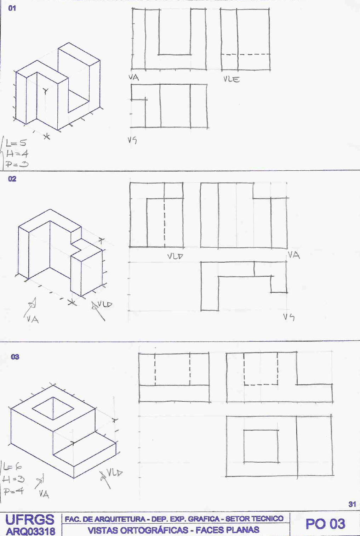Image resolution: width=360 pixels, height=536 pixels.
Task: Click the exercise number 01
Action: [x=12, y=8]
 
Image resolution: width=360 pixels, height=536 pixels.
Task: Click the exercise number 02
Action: [x=12, y=179]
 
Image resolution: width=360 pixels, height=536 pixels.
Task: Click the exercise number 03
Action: [x=15, y=357]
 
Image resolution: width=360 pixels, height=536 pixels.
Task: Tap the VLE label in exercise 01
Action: [x=232, y=79]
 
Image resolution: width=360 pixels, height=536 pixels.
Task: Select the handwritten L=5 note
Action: [x=16, y=143]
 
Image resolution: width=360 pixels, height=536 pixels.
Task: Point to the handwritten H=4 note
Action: [x=17, y=154]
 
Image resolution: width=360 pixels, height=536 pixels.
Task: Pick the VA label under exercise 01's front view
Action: [x=134, y=78]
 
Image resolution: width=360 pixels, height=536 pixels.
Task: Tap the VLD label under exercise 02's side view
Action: [x=175, y=256]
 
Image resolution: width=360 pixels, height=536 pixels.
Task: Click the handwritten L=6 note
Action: [x=13, y=467]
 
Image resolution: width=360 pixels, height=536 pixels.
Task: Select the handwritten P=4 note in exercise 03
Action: [x=14, y=491]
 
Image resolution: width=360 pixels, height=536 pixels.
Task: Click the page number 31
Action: [x=352, y=504]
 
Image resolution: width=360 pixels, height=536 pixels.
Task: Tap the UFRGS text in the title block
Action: [x=30, y=520]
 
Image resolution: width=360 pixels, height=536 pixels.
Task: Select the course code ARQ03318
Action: [x=30, y=531]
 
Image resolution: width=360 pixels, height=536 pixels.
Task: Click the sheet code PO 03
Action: [x=325, y=524]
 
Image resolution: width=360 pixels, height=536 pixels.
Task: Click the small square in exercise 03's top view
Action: [x=261, y=446]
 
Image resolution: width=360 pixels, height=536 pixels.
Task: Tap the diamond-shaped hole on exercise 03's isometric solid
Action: [x=53, y=408]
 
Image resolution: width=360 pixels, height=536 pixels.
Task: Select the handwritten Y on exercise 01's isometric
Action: [x=46, y=91]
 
